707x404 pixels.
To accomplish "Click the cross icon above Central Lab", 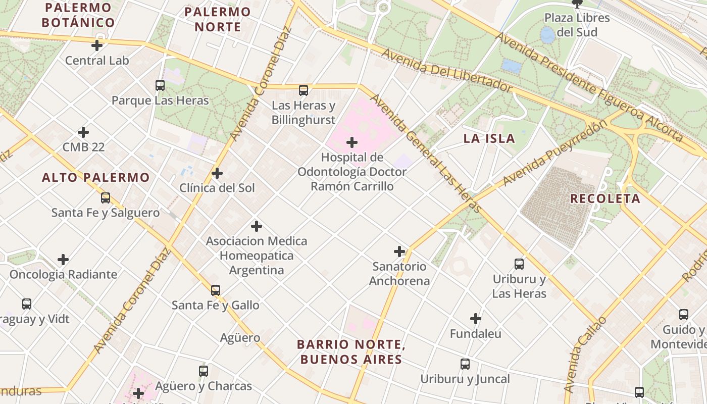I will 97,45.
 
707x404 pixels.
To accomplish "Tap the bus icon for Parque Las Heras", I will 160,85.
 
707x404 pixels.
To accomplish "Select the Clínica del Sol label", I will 217,188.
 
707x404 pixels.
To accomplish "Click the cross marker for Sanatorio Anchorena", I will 399,251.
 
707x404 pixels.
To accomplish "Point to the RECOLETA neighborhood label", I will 605,198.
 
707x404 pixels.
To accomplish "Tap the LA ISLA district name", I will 489,138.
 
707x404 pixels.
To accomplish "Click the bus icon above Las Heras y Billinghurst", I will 303,90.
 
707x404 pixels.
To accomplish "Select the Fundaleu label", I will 475,334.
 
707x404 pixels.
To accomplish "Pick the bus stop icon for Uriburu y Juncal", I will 465,364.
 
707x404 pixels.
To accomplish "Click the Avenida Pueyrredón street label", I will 554,153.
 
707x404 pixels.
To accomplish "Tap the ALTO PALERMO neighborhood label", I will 95,177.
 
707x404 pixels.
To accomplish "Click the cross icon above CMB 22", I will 83,132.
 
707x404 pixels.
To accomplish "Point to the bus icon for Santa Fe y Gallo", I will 216,290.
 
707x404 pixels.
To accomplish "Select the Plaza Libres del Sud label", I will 577,25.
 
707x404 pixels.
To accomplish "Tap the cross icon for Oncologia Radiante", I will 63,260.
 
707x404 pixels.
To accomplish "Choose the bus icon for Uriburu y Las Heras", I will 519,264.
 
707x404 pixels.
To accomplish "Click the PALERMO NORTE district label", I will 218,19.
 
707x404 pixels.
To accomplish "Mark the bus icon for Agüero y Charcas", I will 203,371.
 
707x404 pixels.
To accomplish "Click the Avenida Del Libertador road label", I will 446,70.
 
